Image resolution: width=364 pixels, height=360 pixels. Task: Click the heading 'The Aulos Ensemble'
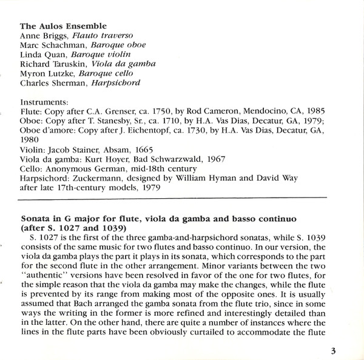[64, 26]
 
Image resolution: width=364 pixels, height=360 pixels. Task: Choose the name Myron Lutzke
[44, 73]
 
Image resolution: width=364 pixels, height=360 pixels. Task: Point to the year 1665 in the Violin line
[146, 149]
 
